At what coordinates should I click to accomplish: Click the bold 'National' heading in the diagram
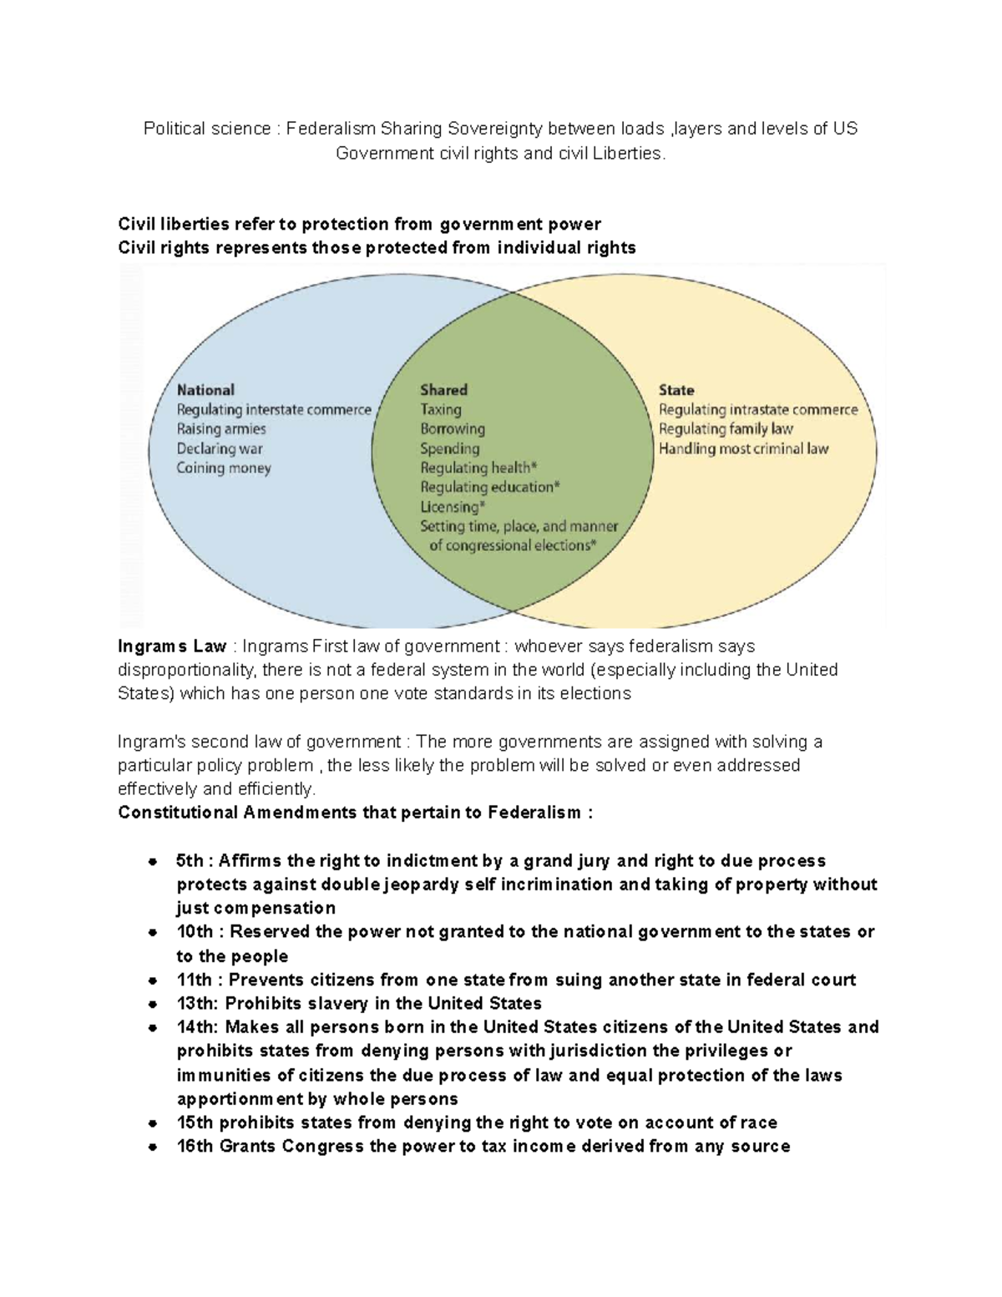pos(205,390)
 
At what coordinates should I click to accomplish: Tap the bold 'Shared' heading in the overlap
pos(443,390)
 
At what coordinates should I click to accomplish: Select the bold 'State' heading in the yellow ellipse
pos(676,390)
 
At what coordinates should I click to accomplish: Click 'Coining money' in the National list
pos(223,469)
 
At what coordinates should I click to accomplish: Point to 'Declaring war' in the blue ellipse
pos(219,449)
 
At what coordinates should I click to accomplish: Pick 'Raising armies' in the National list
pos(220,429)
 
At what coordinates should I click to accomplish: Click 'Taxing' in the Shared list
pos(440,410)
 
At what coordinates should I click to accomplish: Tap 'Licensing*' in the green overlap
pos(453,507)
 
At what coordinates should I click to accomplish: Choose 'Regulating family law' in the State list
pos(726,429)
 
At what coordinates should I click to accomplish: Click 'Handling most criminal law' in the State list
pos(743,449)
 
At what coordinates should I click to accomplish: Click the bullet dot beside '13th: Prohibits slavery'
pos(152,1005)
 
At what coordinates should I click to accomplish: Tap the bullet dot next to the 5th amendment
pos(152,862)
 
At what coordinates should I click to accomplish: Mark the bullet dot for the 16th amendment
pos(152,1148)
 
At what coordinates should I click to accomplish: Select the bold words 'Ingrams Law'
pos(172,646)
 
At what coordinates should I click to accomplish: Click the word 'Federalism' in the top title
pos(330,129)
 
